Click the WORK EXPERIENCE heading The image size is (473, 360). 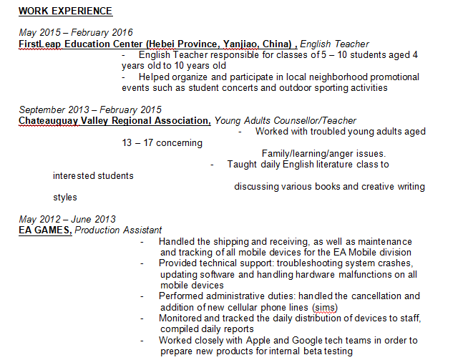tap(65, 11)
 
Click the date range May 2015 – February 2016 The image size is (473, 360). tap(76, 33)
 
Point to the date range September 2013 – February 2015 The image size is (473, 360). tap(90, 110)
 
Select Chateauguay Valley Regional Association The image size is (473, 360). tap(114, 120)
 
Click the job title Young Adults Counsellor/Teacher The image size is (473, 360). tap(286, 120)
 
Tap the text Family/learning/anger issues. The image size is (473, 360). tap(323, 153)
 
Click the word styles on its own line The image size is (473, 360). tap(65, 197)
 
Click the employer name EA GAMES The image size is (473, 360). tap(45, 230)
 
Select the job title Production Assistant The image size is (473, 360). tap(118, 230)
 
